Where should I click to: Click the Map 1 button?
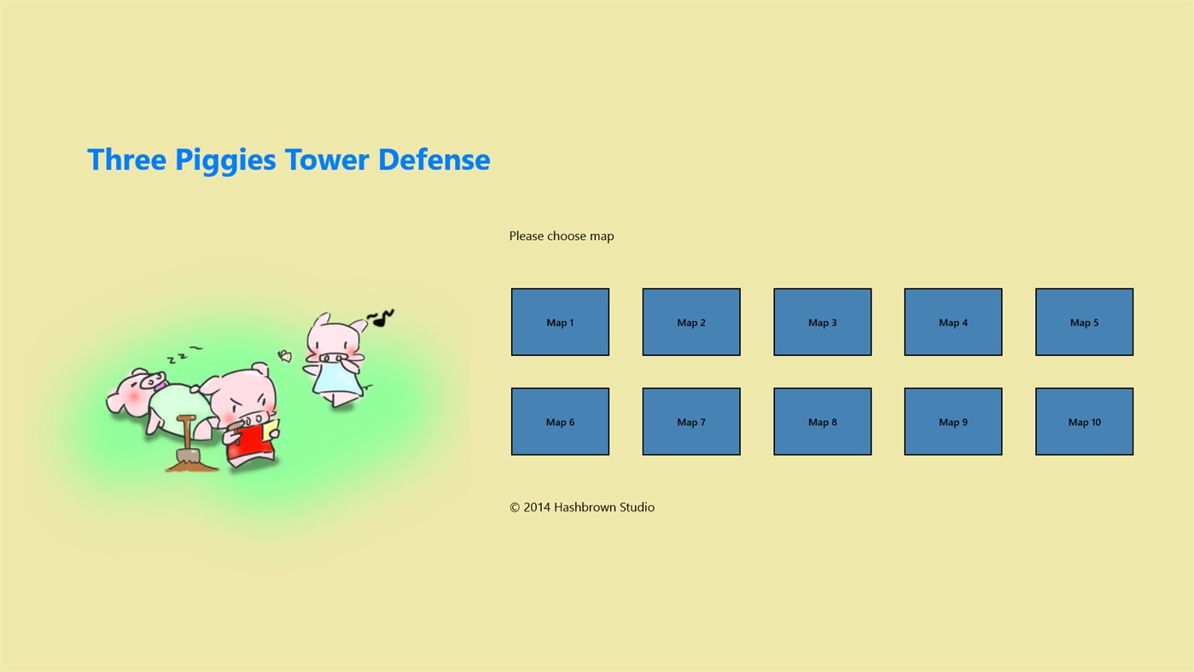point(560,322)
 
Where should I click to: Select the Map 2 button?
point(691,322)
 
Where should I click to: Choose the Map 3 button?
point(822,322)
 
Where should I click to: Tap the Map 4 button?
point(953,322)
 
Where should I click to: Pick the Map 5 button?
point(1084,322)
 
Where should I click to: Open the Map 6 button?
point(560,422)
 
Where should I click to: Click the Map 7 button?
point(691,422)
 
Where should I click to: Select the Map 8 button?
point(822,422)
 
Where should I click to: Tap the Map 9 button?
point(953,422)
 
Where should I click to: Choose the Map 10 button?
point(1084,422)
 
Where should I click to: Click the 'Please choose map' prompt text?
point(562,236)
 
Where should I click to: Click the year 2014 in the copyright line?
point(537,507)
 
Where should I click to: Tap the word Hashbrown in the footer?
point(585,507)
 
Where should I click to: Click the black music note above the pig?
point(381,318)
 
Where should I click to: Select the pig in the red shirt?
point(247,418)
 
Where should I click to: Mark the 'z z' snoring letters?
point(182,355)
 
